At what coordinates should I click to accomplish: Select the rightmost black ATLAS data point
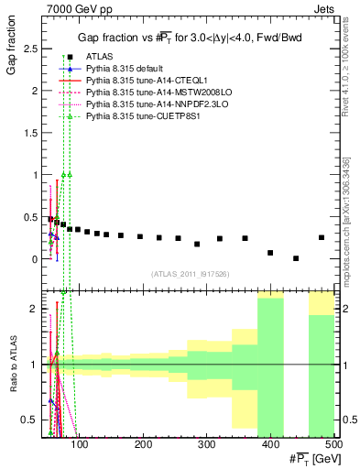322,237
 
